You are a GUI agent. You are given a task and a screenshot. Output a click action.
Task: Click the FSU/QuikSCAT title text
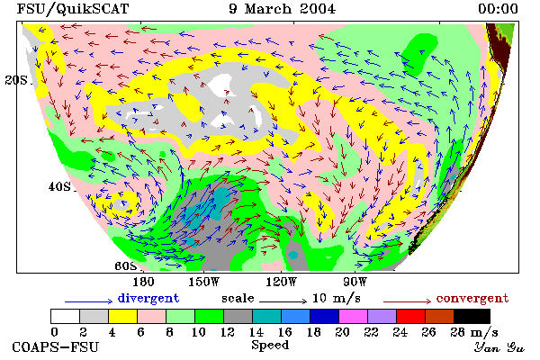click(73, 9)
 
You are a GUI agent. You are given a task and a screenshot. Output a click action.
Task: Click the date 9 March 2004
click(282, 9)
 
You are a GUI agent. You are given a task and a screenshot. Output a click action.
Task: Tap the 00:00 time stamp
click(498, 9)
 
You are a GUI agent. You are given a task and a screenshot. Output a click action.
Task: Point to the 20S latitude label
click(16, 80)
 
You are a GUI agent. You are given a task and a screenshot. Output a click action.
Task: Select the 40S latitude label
click(59, 186)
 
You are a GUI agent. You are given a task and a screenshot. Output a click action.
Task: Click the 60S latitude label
click(126, 266)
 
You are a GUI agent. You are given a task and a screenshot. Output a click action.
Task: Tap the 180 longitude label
click(143, 282)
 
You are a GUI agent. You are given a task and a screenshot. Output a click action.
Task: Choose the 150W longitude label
click(204, 282)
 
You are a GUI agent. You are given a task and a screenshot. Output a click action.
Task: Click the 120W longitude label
click(281, 282)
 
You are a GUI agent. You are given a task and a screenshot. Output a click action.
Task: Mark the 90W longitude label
click(355, 282)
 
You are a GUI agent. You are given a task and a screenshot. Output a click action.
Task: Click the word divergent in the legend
click(148, 298)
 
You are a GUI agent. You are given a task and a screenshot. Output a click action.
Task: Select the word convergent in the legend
click(472, 298)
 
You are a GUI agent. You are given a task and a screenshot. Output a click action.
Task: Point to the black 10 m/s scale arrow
click(283, 301)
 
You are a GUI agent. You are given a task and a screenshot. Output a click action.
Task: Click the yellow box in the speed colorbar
click(122, 316)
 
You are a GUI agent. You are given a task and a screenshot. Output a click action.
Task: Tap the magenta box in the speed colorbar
click(354, 316)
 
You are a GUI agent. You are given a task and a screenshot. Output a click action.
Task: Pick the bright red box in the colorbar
click(411, 316)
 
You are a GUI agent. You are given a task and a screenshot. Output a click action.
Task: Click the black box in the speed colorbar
click(472, 316)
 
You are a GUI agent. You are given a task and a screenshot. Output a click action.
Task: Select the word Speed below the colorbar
click(270, 346)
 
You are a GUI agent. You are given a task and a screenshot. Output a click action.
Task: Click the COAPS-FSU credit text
click(56, 347)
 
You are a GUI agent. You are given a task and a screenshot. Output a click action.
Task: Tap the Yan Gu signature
click(499, 347)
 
